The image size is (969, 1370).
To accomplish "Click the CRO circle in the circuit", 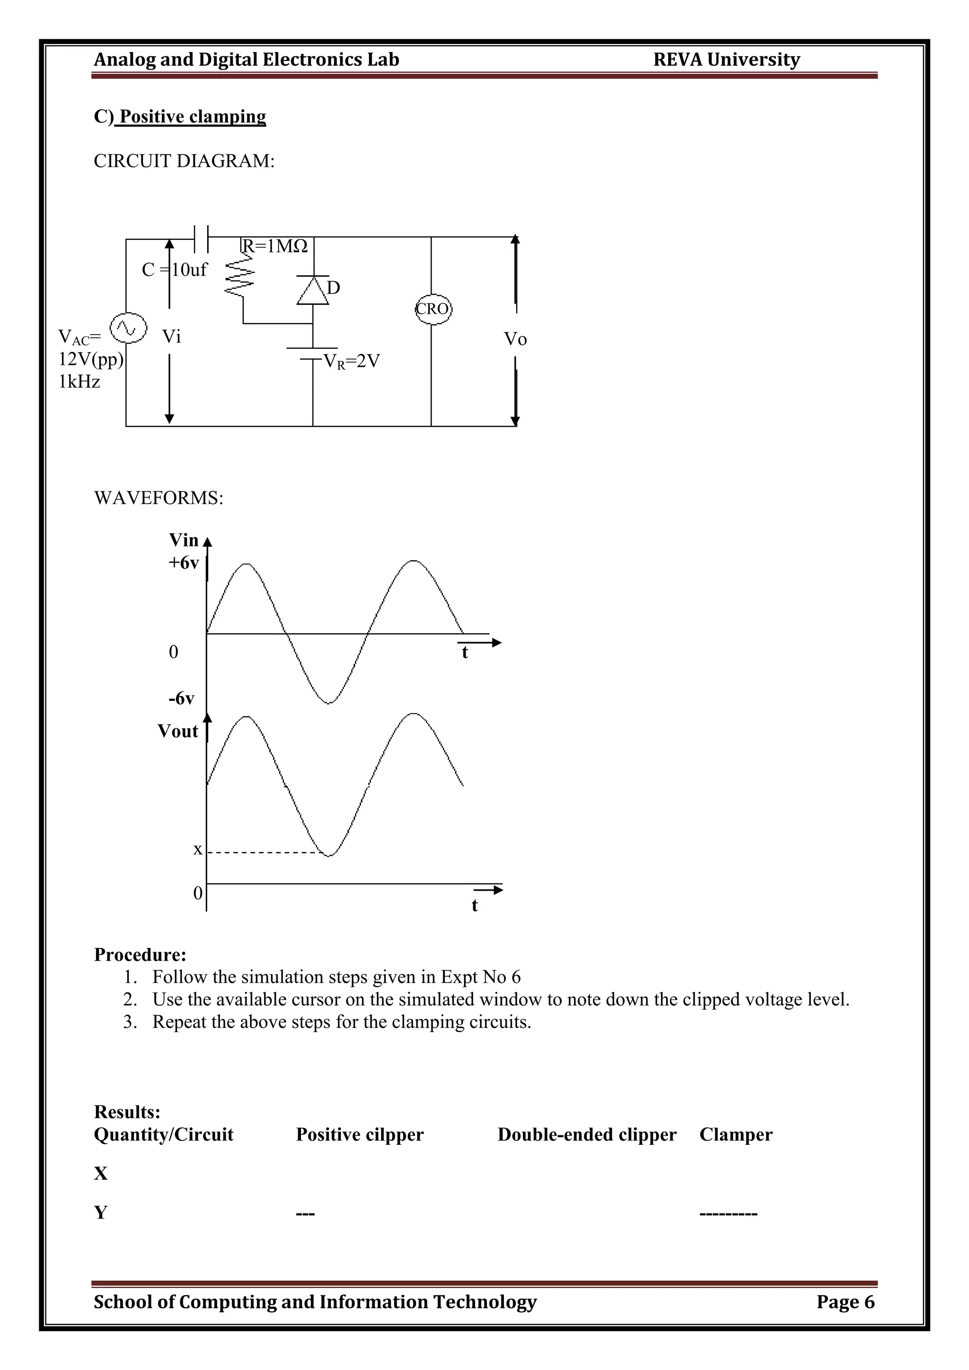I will [433, 309].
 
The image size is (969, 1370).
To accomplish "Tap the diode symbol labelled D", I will [313, 291].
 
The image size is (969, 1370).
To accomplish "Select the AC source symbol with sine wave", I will [128, 327].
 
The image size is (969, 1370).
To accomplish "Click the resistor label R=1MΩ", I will [275, 246].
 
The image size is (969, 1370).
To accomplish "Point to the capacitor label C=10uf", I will [174, 270].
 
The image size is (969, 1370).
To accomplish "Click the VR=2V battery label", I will [351, 362].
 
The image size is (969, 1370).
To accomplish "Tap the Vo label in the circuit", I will [516, 339].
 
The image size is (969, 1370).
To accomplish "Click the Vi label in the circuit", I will [171, 337].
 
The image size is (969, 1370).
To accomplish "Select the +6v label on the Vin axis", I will [183, 563].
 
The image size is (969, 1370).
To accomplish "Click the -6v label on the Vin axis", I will [181, 698].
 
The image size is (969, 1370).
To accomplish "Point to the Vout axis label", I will [178, 732].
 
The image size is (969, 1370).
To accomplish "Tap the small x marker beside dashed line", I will [197, 849].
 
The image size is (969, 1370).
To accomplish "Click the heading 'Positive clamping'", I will [192, 116].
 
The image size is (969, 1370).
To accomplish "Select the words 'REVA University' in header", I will [726, 60].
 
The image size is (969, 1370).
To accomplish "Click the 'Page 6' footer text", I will [845, 1301].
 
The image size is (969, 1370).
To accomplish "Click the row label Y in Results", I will [101, 1212].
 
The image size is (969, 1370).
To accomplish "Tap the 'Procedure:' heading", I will [140, 955].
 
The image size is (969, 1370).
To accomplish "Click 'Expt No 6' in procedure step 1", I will [480, 977].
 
